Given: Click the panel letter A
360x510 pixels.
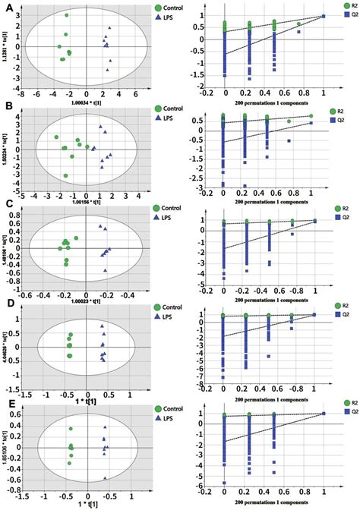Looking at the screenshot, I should (7, 6).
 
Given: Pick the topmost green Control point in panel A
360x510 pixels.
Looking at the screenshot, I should (67, 15).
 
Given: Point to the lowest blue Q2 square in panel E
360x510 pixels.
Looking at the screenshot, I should (224, 483).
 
